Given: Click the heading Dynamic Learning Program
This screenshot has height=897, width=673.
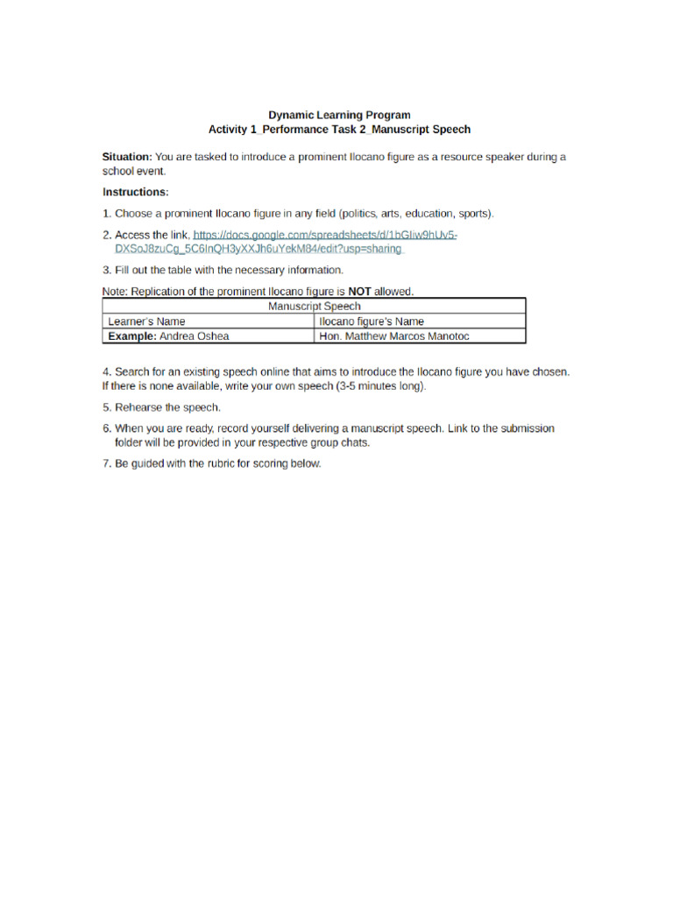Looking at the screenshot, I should (x=338, y=115).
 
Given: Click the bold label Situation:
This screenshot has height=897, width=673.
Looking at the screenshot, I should (x=127, y=157).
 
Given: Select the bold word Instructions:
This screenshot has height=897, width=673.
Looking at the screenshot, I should (x=135, y=192).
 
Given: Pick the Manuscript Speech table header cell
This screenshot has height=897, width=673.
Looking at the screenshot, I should (x=314, y=307).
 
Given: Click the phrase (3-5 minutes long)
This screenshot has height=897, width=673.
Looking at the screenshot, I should (x=372, y=385).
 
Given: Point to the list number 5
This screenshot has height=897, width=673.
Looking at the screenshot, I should (x=106, y=407).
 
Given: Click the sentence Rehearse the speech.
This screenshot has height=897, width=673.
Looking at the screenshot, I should (x=167, y=407).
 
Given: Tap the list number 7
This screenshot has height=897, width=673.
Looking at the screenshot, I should (x=106, y=463).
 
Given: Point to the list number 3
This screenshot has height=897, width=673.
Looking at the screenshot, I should (x=106, y=270).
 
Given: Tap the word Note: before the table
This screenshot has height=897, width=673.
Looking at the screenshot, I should (x=116, y=291).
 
